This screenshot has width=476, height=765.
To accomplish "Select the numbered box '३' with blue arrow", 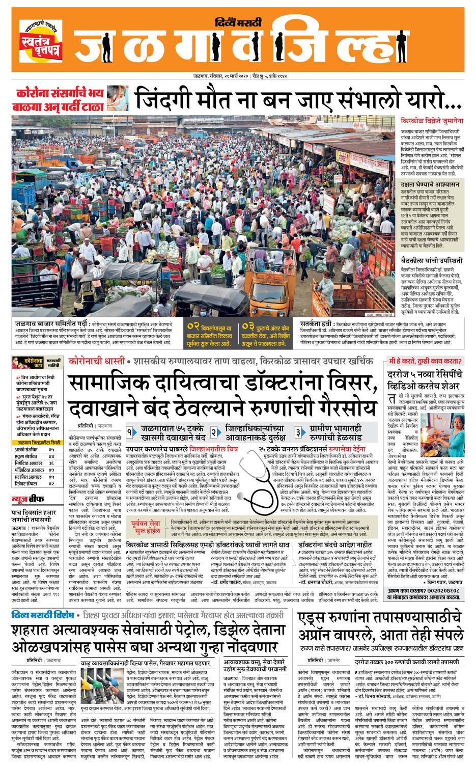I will click(298, 432).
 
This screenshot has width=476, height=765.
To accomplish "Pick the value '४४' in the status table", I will click(51, 457).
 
